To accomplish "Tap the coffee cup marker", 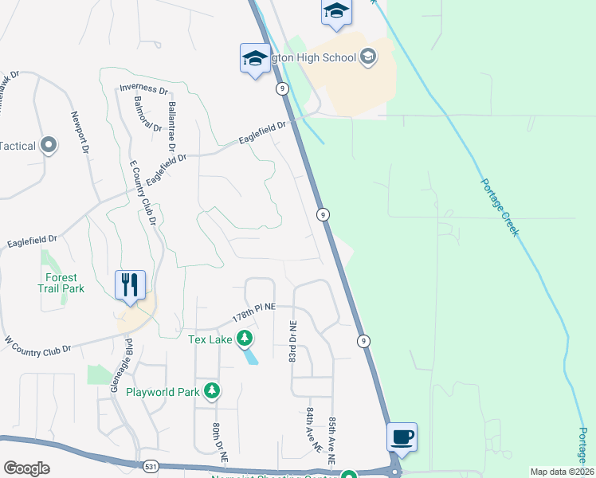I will (x=402, y=437).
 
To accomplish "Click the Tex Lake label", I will (x=210, y=339).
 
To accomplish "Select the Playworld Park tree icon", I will (x=212, y=390).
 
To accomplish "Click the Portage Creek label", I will (x=500, y=206).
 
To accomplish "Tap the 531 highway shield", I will (x=151, y=465).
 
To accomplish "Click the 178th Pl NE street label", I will (x=253, y=311).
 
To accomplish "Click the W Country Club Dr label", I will (x=38, y=344).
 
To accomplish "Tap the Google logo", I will (x=26, y=468).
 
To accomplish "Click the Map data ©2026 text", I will (x=562, y=472).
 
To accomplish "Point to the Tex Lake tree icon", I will (x=245, y=339).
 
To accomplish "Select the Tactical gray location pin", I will (x=49, y=145).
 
